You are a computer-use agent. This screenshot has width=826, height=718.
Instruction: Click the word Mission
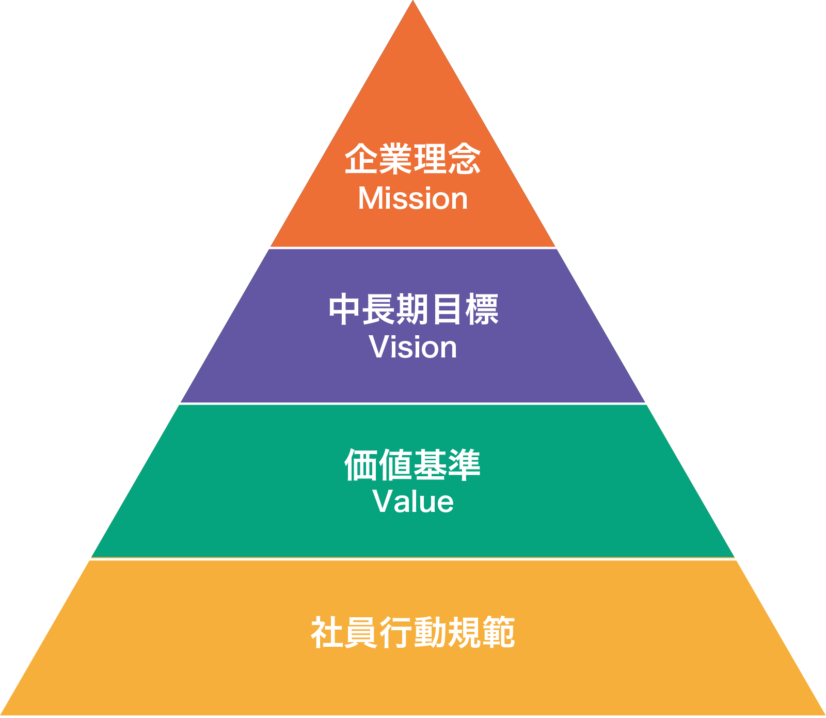(413, 199)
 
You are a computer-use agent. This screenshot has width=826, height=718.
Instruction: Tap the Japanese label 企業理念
(413, 159)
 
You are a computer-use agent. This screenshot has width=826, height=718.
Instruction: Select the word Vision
(413, 347)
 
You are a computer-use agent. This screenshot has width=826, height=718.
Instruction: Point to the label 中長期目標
(413, 309)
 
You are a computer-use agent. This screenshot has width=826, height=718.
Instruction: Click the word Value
(413, 501)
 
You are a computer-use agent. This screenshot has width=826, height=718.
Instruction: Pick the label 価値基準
(413, 465)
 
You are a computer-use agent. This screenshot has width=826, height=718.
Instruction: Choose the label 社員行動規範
(413, 632)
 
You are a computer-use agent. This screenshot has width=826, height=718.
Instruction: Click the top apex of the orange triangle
(413, 3)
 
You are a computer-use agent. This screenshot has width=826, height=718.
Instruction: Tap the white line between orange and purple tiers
(413, 248)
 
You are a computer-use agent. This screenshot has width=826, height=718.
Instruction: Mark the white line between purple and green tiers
(413, 403)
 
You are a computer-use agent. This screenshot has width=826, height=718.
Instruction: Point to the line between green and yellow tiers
(413, 558)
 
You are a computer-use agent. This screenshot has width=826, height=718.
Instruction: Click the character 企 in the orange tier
(361, 159)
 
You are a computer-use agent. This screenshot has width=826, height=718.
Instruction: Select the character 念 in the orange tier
(464, 159)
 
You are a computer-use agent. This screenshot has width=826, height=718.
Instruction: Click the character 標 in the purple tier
(482, 309)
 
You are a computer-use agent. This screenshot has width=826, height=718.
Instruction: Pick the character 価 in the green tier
(361, 465)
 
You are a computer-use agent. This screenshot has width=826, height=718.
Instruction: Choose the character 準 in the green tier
(464, 465)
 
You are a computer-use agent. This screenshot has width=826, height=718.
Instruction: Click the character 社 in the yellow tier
(328, 632)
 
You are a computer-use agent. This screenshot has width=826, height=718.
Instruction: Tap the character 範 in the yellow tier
(498, 632)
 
